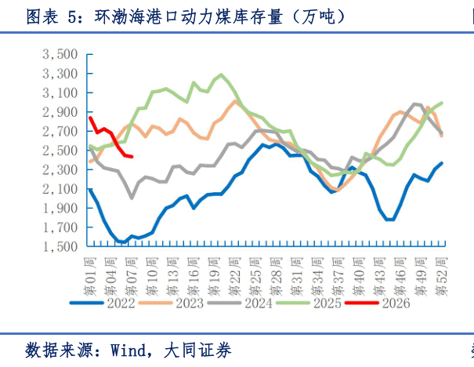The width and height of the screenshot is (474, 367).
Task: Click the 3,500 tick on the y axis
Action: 60,54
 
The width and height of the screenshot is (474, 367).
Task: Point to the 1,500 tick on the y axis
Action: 60,246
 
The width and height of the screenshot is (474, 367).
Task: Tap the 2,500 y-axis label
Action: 60,151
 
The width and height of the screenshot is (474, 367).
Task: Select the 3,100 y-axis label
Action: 60,93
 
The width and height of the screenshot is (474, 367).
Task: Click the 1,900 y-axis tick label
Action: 60,208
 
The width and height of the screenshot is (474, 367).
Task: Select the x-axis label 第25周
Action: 253,271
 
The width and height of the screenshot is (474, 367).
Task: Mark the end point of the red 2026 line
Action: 132,157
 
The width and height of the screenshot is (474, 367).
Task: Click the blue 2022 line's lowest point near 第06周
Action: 124,242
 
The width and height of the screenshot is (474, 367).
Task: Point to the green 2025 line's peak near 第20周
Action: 222,74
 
